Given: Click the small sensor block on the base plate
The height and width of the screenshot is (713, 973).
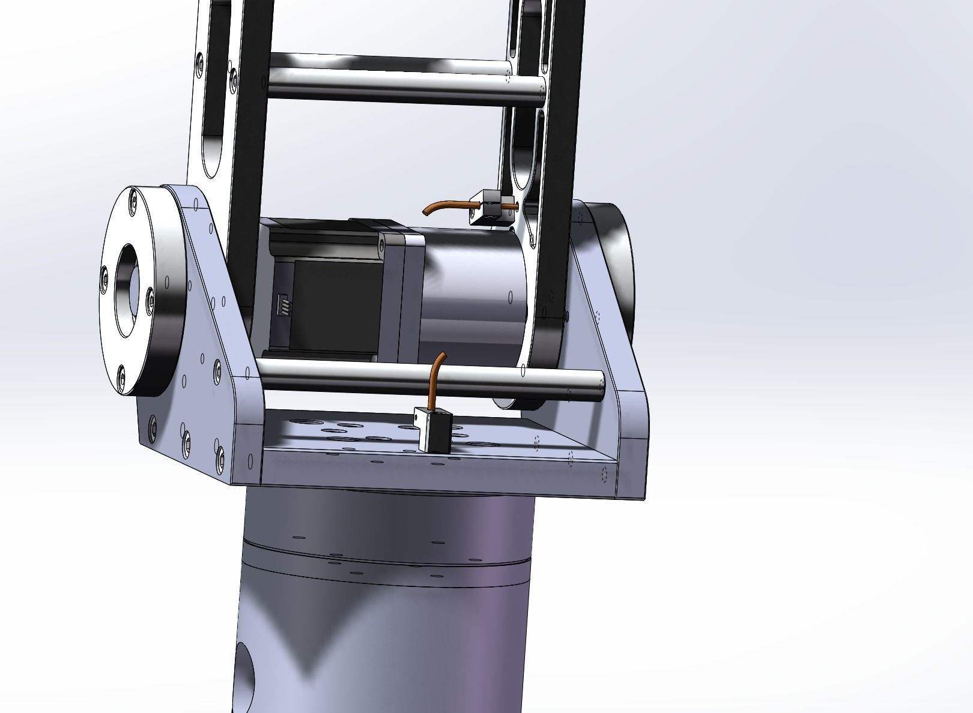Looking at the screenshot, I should (434, 430).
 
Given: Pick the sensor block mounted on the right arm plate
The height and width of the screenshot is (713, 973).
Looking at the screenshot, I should (491, 207).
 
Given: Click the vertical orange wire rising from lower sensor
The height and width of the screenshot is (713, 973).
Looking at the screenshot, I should (438, 378).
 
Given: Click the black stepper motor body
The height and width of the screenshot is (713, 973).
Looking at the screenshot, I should (327, 300).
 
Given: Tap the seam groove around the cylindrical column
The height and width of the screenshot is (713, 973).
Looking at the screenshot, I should (384, 561).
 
